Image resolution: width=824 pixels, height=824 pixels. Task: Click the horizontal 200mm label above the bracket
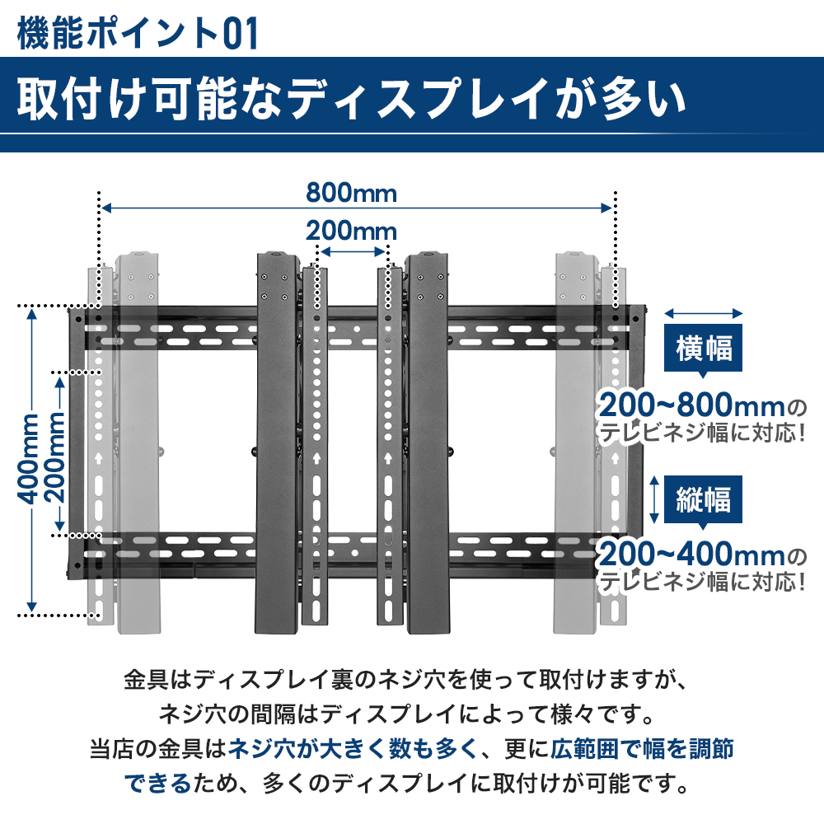pyautogui.click(x=351, y=231)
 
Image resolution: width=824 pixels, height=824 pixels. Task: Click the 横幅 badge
pyautogui.click(x=703, y=348)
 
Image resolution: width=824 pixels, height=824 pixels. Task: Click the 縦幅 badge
pyautogui.click(x=703, y=499)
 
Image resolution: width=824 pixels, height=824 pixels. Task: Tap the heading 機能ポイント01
pyautogui.click(x=138, y=33)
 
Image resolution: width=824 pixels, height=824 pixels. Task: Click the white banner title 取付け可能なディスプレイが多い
pyautogui.click(x=351, y=98)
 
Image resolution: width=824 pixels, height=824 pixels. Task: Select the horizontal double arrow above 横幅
pyautogui.click(x=703, y=314)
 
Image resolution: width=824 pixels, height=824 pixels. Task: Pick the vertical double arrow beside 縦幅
pyautogui.click(x=654, y=499)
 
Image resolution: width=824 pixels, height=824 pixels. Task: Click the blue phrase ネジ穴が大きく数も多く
pyautogui.click(x=352, y=749)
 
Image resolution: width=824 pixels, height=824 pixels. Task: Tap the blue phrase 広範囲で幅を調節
pyautogui.click(x=642, y=749)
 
